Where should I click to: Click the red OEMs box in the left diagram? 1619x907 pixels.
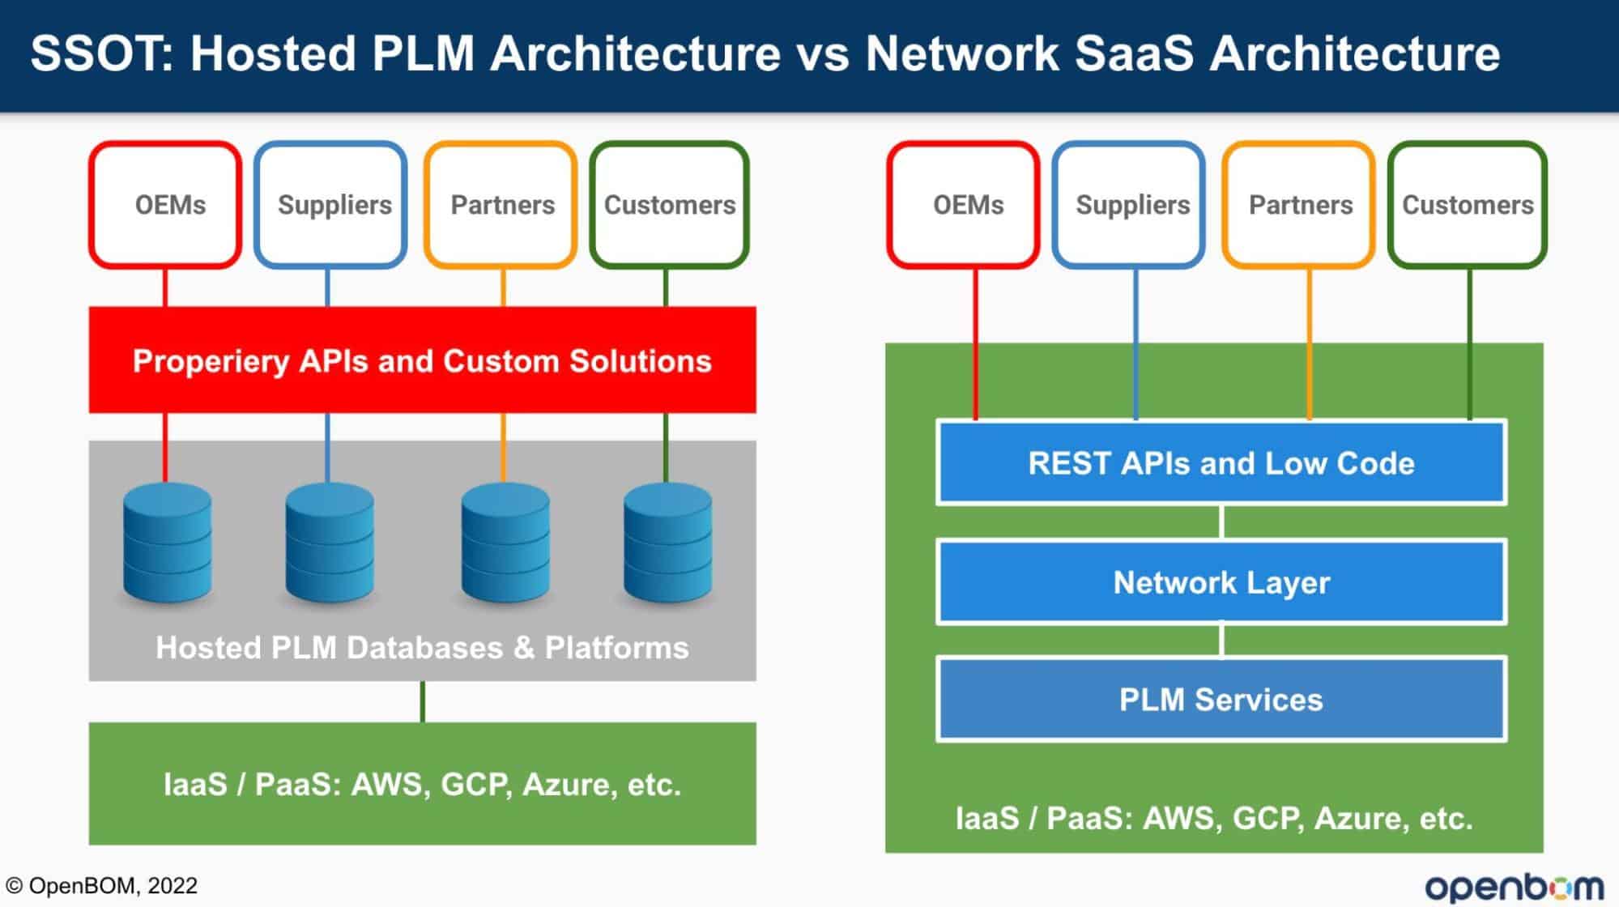click(x=165, y=205)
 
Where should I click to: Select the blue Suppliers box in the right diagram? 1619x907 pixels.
click(x=1129, y=205)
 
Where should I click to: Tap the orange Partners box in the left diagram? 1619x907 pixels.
click(x=501, y=205)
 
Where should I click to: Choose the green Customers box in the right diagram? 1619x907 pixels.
click(x=1468, y=205)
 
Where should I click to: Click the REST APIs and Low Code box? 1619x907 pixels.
click(x=1221, y=462)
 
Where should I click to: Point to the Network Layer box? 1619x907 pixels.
click(x=1221, y=581)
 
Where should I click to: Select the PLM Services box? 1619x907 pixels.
click(x=1221, y=699)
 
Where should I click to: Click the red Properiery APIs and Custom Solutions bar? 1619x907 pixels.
click(x=422, y=360)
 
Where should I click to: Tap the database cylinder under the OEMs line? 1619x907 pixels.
click(x=168, y=543)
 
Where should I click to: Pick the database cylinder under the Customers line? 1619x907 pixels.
click(x=668, y=543)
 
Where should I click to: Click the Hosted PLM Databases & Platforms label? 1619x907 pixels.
click(x=422, y=648)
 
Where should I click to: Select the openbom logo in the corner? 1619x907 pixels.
click(x=1515, y=887)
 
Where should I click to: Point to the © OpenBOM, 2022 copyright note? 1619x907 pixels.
click(x=102, y=885)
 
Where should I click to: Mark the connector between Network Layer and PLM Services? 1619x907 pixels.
click(x=1221, y=640)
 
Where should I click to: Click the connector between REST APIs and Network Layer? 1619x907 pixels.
click(x=1221, y=522)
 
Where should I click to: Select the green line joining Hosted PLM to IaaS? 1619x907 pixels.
click(x=423, y=701)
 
